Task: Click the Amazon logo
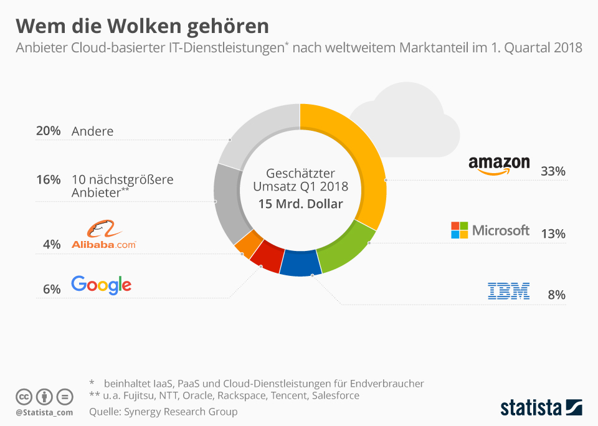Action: [499, 165]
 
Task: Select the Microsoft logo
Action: [490, 230]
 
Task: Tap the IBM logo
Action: [508, 291]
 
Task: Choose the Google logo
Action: [102, 285]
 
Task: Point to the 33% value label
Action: [553, 171]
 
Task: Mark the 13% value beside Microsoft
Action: [553, 234]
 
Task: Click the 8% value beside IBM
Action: [556, 295]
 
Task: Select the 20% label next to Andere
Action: [48, 131]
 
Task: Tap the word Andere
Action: [93, 131]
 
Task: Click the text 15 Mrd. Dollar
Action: [300, 203]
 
